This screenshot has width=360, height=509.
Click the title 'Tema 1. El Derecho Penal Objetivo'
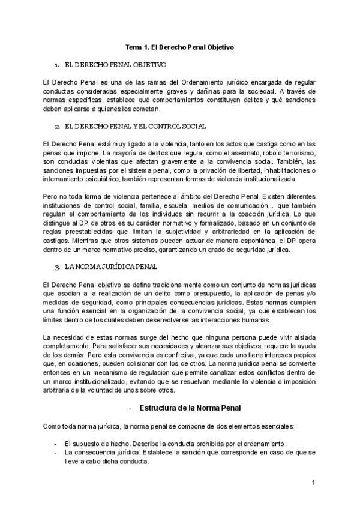click(x=179, y=46)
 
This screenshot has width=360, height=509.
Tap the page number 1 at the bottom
click(x=313, y=483)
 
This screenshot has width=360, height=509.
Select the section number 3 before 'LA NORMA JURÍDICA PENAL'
click(x=56, y=266)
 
